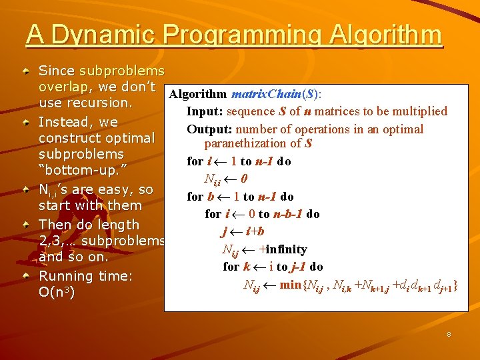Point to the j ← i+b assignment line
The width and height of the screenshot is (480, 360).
[x=243, y=231]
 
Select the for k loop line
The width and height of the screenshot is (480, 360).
[x=273, y=267]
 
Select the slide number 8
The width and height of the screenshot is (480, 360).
[x=449, y=334]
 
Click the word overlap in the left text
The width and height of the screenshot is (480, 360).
[x=63, y=87]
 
